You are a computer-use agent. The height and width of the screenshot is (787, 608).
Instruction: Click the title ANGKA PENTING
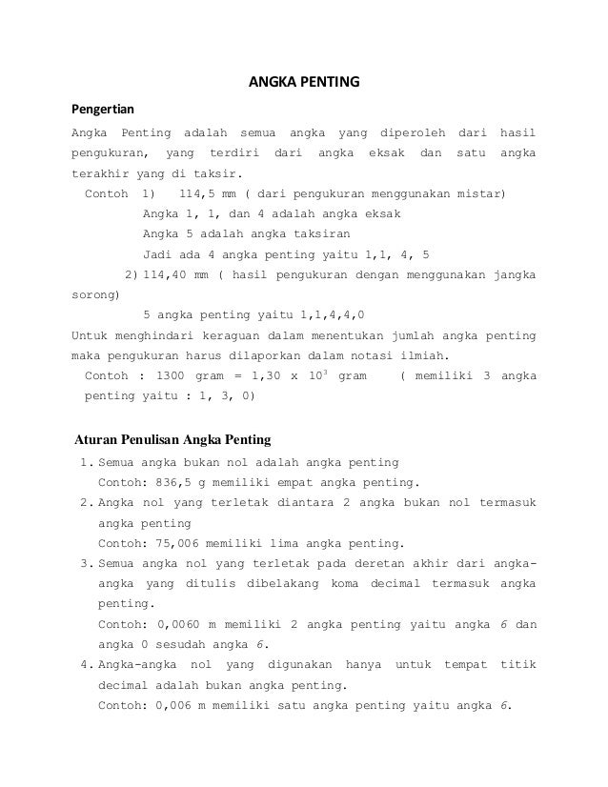304,82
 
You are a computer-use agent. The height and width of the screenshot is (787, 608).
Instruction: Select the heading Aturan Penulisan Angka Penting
172,440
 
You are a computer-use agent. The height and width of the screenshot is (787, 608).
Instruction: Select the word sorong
93,295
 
